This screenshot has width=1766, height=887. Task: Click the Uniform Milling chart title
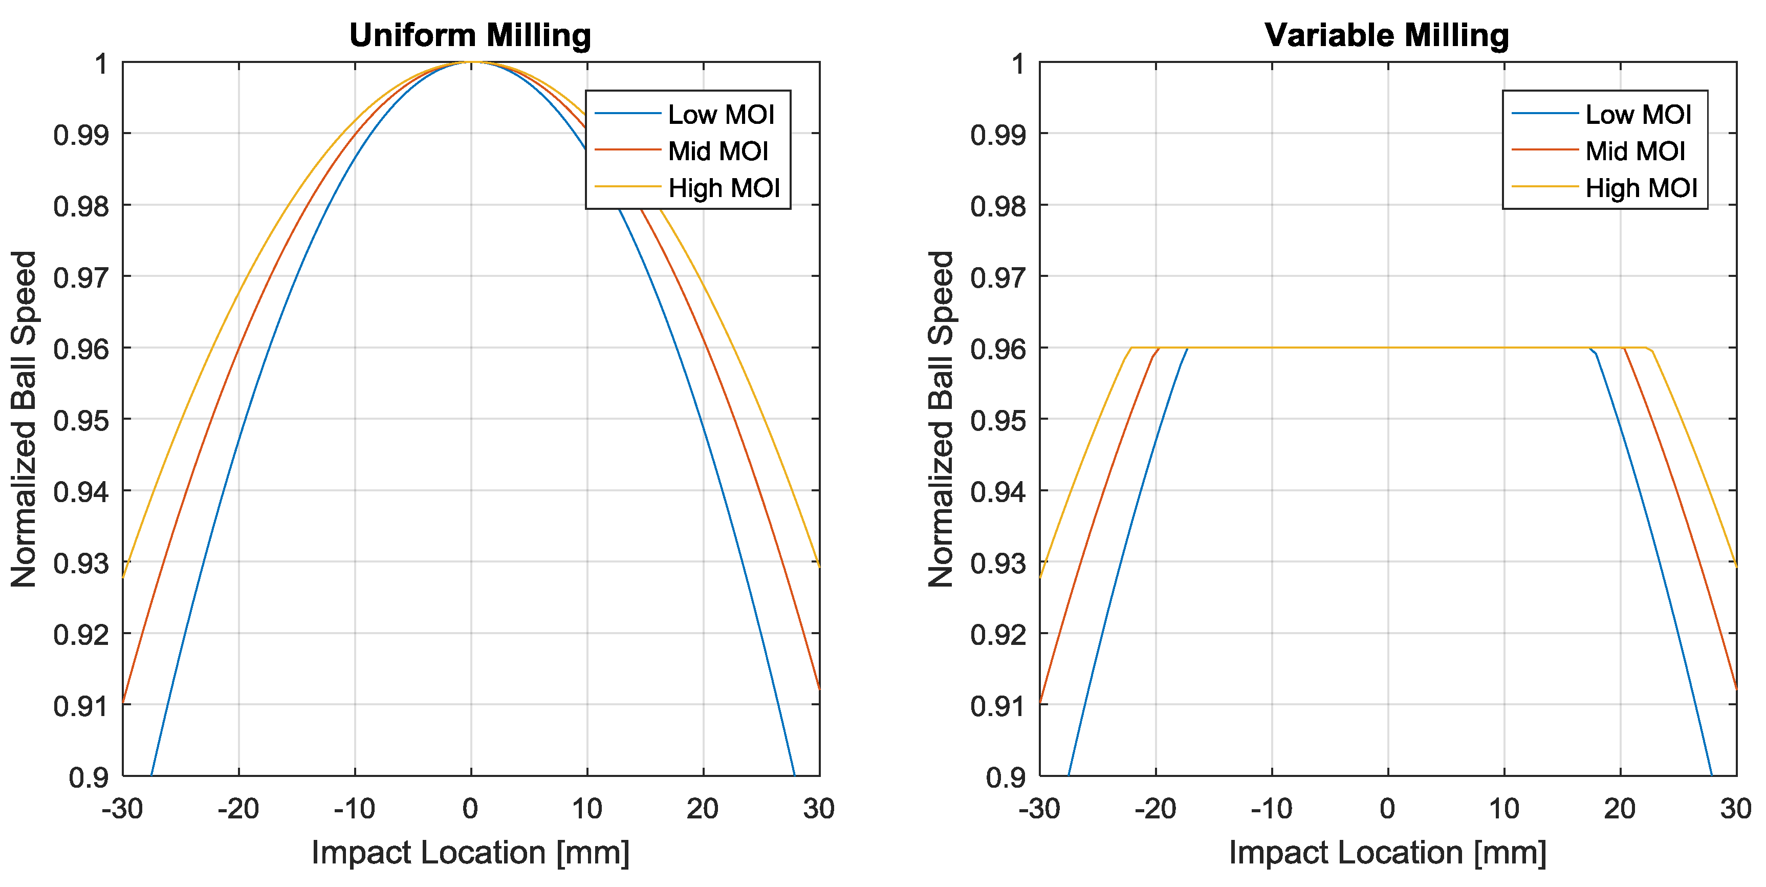470,36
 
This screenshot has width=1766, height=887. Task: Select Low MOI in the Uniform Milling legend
721,115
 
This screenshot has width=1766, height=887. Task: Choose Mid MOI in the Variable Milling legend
1635,152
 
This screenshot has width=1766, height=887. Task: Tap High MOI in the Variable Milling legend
1641,188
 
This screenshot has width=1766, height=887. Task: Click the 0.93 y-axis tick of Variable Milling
998,564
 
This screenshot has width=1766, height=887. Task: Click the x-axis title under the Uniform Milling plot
470,853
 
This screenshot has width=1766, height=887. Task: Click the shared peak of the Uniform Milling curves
472,62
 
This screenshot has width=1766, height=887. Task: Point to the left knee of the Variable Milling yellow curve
1130,348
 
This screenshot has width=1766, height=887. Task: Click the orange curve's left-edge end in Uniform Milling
123,702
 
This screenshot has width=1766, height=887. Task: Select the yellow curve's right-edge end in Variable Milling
1736,566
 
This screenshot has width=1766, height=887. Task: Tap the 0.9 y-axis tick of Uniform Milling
89,777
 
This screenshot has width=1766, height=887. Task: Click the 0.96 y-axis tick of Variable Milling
998,350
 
